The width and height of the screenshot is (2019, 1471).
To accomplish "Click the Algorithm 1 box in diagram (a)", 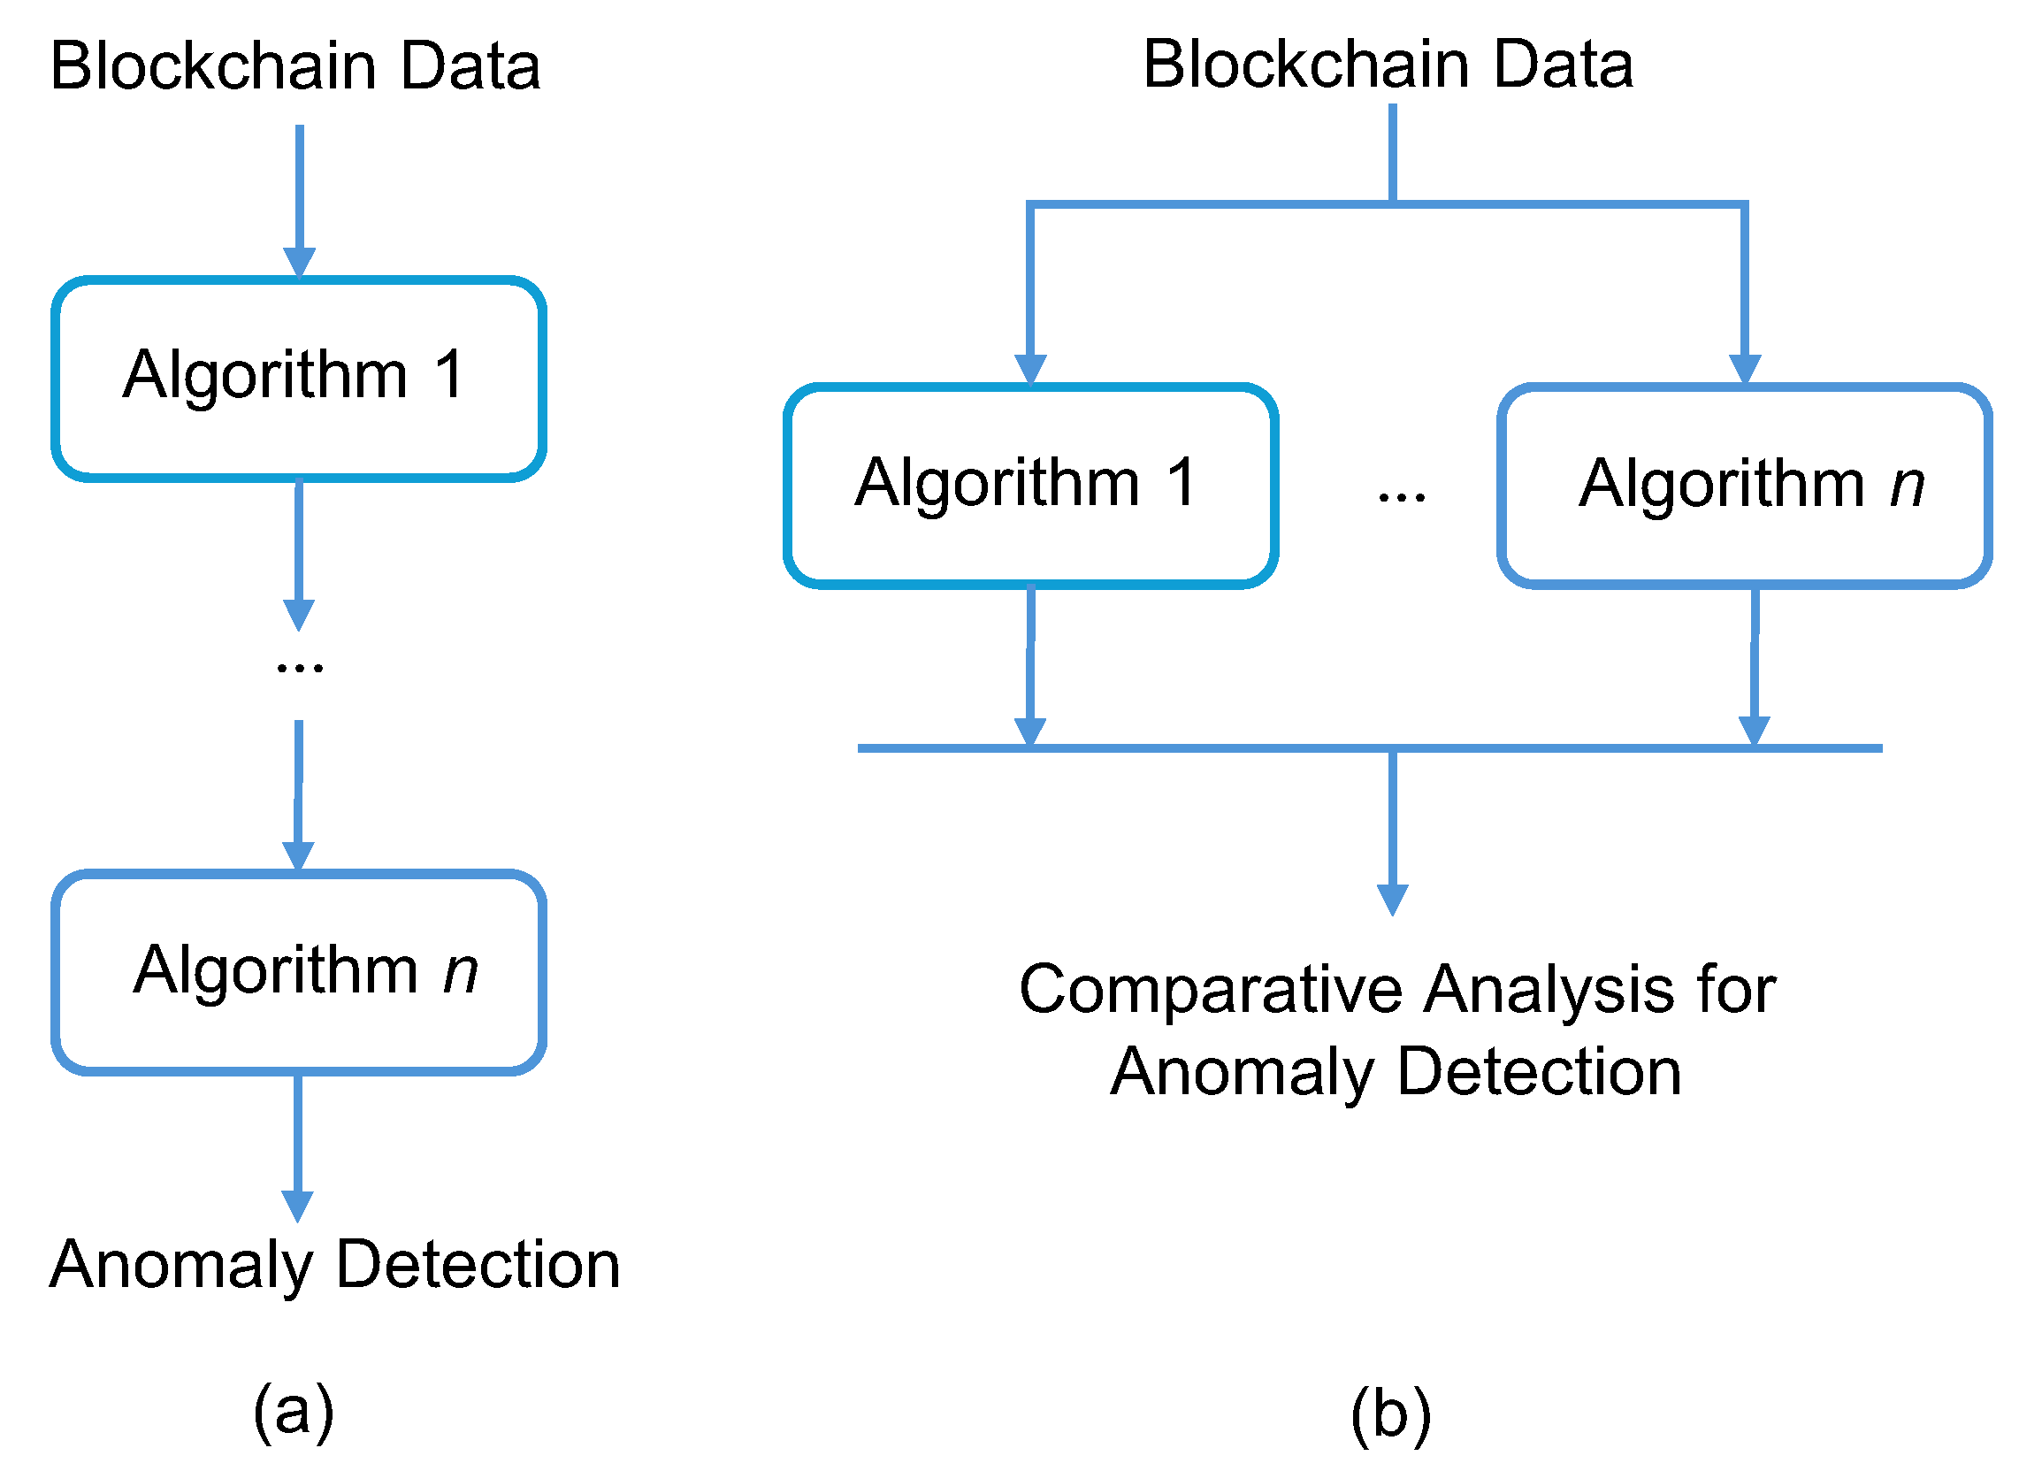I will tap(298, 379).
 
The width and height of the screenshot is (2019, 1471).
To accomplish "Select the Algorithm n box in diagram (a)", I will tap(298, 972).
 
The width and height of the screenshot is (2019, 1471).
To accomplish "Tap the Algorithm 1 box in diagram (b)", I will tap(1031, 487).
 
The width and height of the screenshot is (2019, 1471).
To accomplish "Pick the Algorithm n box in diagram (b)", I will tap(1745, 487).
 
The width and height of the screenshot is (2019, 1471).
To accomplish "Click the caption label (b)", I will tap(1390, 1415).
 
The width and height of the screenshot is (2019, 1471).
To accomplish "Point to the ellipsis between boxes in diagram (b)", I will tap(1401, 497).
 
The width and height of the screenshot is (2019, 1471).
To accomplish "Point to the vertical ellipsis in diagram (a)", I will tap(299, 667).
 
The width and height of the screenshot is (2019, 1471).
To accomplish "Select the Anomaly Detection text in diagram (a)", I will tap(333, 1265).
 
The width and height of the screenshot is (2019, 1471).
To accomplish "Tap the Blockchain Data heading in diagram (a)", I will tap(294, 66).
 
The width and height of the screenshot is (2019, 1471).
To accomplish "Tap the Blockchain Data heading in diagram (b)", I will tap(1388, 65).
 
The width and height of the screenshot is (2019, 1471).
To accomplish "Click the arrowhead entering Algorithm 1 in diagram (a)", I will tap(299, 262).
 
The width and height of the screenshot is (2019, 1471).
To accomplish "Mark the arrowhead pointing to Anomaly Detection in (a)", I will tap(297, 1206).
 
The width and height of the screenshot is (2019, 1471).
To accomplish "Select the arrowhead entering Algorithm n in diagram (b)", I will tap(1745, 369).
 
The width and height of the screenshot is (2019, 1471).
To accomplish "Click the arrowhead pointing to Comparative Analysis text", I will tap(1392, 900).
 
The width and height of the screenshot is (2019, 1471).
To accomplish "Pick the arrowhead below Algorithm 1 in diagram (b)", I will tap(1030, 730).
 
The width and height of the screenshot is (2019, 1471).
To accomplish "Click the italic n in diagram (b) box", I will tap(1907, 486).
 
